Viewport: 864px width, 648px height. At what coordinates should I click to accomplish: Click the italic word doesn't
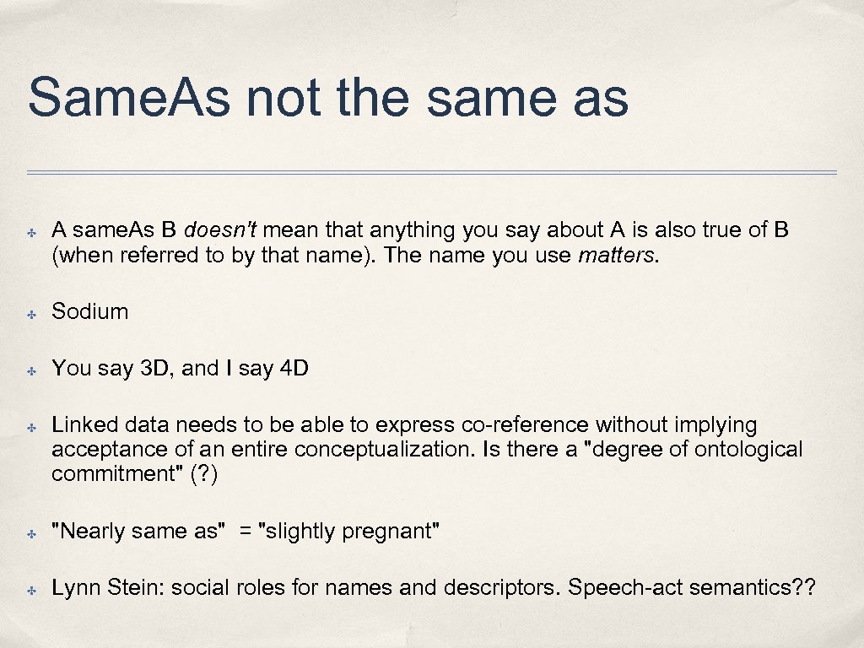coord(214,230)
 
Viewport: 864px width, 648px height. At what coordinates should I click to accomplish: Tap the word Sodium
coord(90,311)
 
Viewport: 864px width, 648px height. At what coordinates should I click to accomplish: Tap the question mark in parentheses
coord(204,474)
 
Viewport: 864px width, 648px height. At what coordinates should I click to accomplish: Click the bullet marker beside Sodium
coord(29,313)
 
